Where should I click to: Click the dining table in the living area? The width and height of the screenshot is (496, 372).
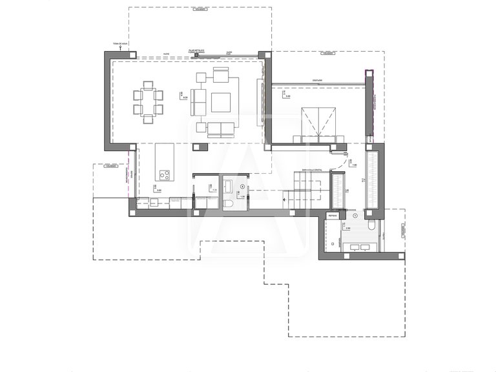[x=148, y=102]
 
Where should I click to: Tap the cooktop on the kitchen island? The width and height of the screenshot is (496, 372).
[x=164, y=174]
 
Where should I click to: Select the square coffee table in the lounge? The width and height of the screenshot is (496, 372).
[x=221, y=102]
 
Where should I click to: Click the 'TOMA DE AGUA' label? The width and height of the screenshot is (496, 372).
[x=119, y=44]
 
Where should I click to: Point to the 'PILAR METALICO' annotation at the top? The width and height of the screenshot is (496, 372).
[x=196, y=50]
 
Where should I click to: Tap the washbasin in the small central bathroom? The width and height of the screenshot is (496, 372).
[x=229, y=186]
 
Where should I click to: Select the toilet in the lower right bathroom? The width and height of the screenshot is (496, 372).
[x=373, y=226]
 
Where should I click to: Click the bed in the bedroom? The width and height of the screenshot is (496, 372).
[x=319, y=123]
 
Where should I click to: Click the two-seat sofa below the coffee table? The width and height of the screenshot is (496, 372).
[x=221, y=129]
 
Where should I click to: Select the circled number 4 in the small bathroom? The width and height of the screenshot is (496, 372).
[x=243, y=187]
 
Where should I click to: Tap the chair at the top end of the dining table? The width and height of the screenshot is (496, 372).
[x=148, y=85]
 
